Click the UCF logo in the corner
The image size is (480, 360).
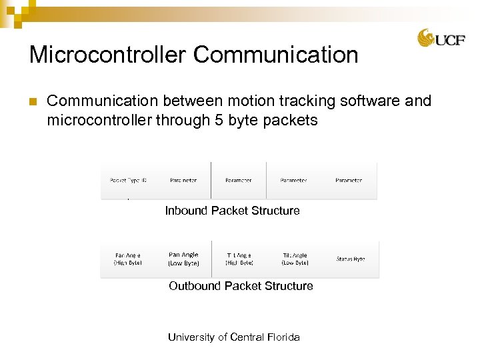(441, 38)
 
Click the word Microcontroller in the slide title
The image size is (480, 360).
(108, 54)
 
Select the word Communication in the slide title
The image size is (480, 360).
(276, 54)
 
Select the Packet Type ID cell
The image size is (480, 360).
(128, 181)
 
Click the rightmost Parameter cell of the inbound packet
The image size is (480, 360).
(349, 181)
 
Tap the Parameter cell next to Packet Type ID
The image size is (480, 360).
(183, 181)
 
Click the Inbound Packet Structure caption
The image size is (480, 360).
(232, 211)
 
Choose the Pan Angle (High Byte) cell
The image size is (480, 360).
(128, 259)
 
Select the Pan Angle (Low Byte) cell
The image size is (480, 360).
(183, 259)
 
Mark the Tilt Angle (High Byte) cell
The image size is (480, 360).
(239, 259)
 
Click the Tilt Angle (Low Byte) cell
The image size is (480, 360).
(294, 259)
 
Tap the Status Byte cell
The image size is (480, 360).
(350, 259)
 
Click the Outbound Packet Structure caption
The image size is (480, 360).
(241, 286)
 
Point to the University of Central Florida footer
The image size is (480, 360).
(233, 337)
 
